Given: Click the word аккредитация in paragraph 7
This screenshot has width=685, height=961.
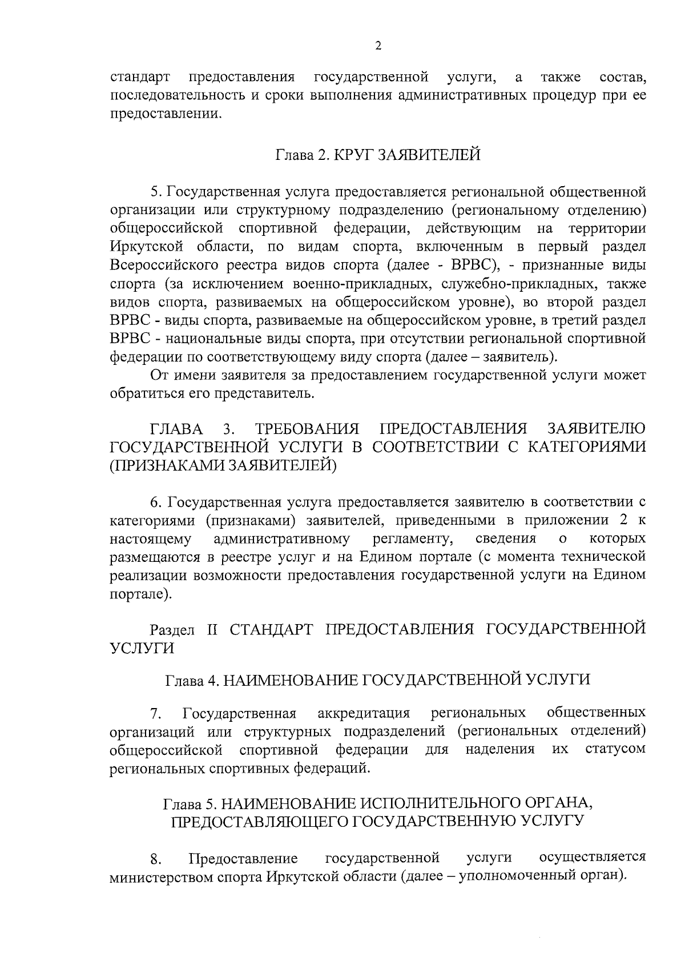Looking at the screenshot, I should (364, 713).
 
